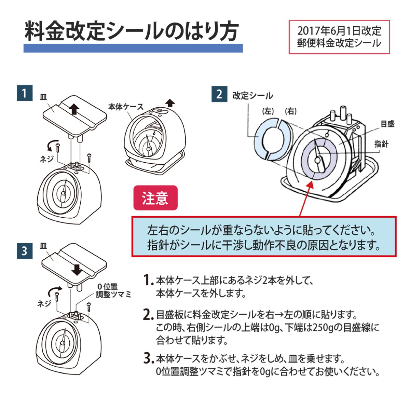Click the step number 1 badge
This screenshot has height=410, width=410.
click(24, 93)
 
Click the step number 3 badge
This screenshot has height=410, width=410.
click(24, 251)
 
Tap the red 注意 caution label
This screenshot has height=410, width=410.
click(155, 198)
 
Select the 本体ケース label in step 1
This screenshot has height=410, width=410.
click(126, 107)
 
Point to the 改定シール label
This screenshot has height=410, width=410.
click(253, 95)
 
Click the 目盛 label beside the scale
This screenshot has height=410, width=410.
click(387, 124)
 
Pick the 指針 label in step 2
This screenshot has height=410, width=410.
click(381, 144)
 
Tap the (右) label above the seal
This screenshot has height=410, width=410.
click(290, 111)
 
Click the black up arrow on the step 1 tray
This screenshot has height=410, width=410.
click(74, 109)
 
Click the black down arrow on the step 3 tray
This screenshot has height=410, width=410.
click(78, 269)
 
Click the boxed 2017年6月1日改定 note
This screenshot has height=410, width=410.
click(339, 37)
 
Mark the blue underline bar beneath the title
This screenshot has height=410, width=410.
click(133, 48)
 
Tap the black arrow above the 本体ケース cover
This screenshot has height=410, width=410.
click(169, 103)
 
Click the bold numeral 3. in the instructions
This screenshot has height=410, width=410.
click(147, 358)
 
